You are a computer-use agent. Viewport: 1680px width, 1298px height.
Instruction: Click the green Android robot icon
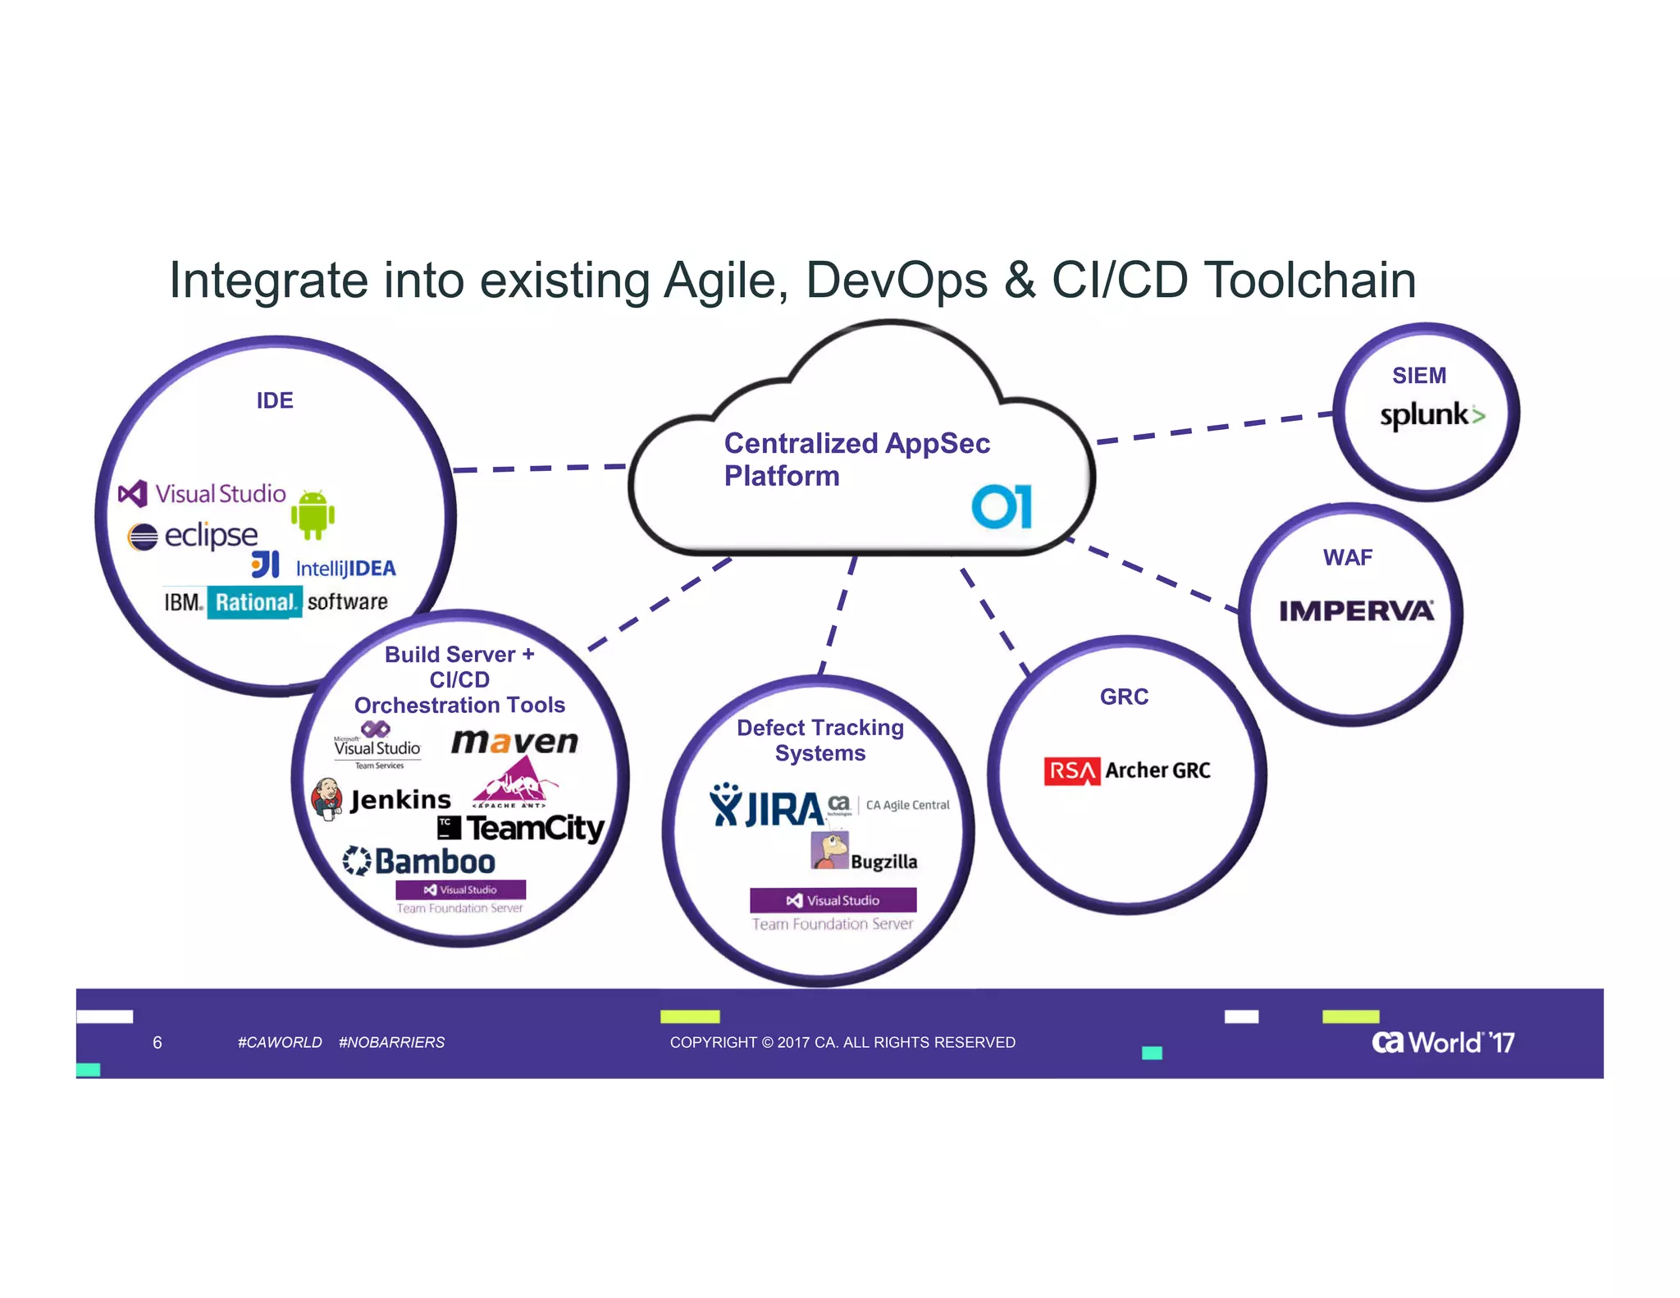click(x=313, y=514)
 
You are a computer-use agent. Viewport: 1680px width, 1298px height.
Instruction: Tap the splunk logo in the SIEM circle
click(x=1431, y=415)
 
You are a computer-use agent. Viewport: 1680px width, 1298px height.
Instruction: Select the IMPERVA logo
click(x=1356, y=611)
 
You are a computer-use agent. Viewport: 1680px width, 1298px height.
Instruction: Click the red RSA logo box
click(x=1071, y=771)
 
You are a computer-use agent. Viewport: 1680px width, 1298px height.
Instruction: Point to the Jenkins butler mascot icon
click(x=327, y=798)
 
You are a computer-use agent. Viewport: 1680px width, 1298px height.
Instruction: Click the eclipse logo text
click(x=211, y=536)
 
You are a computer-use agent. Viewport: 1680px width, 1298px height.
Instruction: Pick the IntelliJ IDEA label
click(x=345, y=569)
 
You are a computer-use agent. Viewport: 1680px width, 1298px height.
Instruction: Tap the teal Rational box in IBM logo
click(x=254, y=602)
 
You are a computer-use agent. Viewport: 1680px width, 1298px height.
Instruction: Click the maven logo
click(x=514, y=742)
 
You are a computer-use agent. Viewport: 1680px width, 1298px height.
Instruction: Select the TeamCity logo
click(x=535, y=827)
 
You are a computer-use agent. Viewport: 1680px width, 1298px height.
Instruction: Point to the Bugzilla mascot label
click(x=883, y=862)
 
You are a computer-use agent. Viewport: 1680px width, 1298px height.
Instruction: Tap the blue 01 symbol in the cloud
click(x=1002, y=506)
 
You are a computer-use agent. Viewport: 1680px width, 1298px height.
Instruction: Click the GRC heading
click(x=1124, y=697)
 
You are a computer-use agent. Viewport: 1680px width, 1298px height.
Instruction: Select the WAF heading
click(x=1347, y=558)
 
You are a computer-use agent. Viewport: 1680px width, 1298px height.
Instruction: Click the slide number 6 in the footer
click(x=157, y=1042)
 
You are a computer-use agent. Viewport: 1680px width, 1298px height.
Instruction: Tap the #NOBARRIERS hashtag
click(x=391, y=1042)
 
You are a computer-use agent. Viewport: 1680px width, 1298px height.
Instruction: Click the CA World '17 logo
click(x=1442, y=1042)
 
